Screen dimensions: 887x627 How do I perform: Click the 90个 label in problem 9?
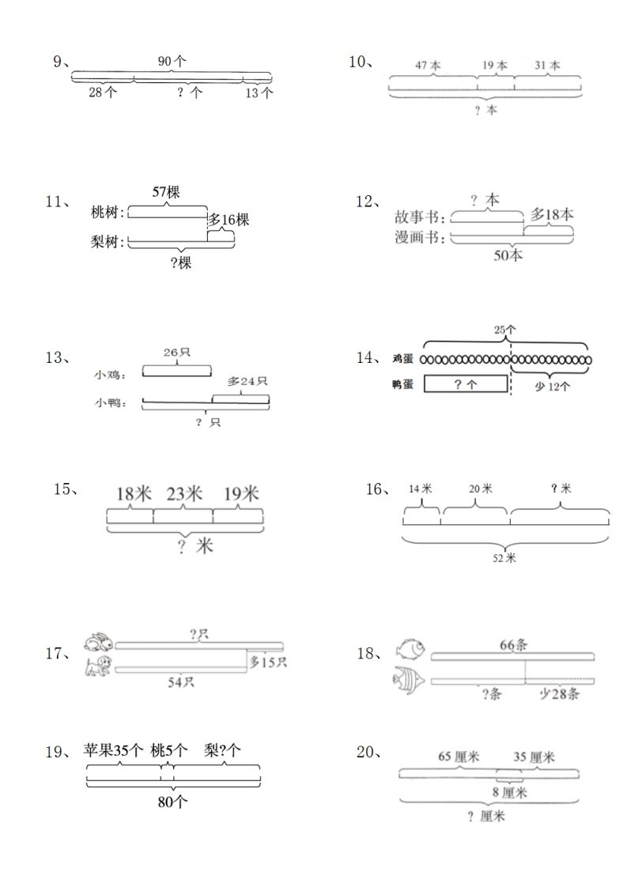point(172,62)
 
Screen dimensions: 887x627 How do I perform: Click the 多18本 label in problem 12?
point(552,215)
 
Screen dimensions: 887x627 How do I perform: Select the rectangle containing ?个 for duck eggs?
point(466,384)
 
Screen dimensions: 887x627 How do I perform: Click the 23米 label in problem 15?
point(183,494)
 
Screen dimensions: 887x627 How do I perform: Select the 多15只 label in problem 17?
point(268,662)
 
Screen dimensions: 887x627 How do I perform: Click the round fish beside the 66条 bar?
point(410,648)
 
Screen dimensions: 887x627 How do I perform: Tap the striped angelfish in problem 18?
point(409,680)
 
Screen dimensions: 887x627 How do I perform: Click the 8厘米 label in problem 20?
point(510,791)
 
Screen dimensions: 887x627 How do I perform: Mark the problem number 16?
point(376,489)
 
